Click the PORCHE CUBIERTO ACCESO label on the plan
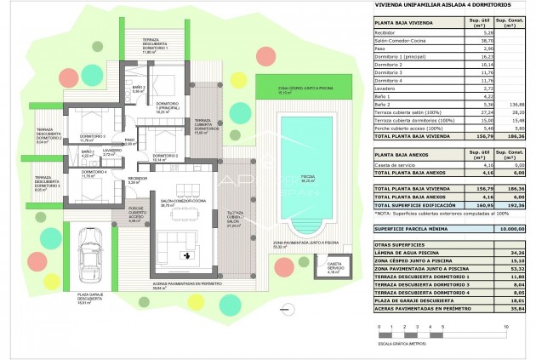point(137,215)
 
